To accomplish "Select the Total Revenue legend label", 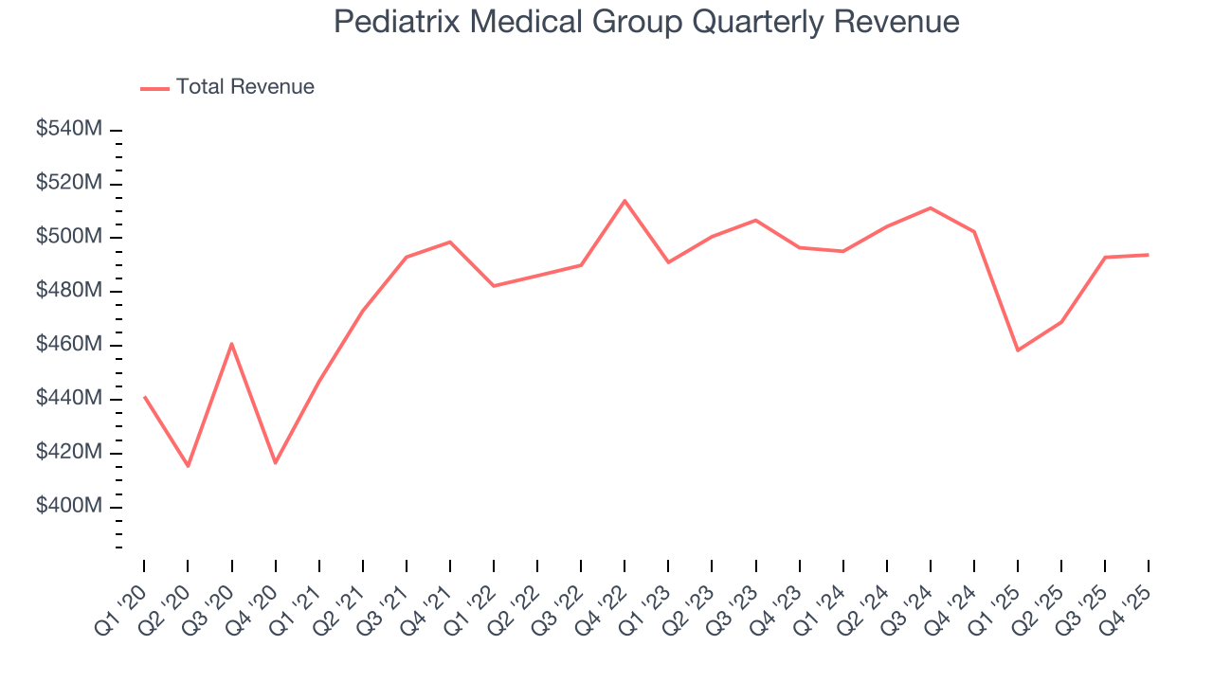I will coord(244,87).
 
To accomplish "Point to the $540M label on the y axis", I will coord(68,129).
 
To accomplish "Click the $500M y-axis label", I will coord(68,237).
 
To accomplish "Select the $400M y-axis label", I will coord(68,507).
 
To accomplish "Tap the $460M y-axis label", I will coord(68,345).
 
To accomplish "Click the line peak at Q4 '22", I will coord(625,201).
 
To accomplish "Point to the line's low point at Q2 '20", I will coord(188,466).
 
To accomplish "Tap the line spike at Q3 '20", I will coord(231,343).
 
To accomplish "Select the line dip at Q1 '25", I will coord(1018,350).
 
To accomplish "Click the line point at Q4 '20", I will coord(275,463).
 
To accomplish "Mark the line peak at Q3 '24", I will coord(931,207).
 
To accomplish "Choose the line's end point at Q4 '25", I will coord(1149,255).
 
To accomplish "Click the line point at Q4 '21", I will coord(450,242).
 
